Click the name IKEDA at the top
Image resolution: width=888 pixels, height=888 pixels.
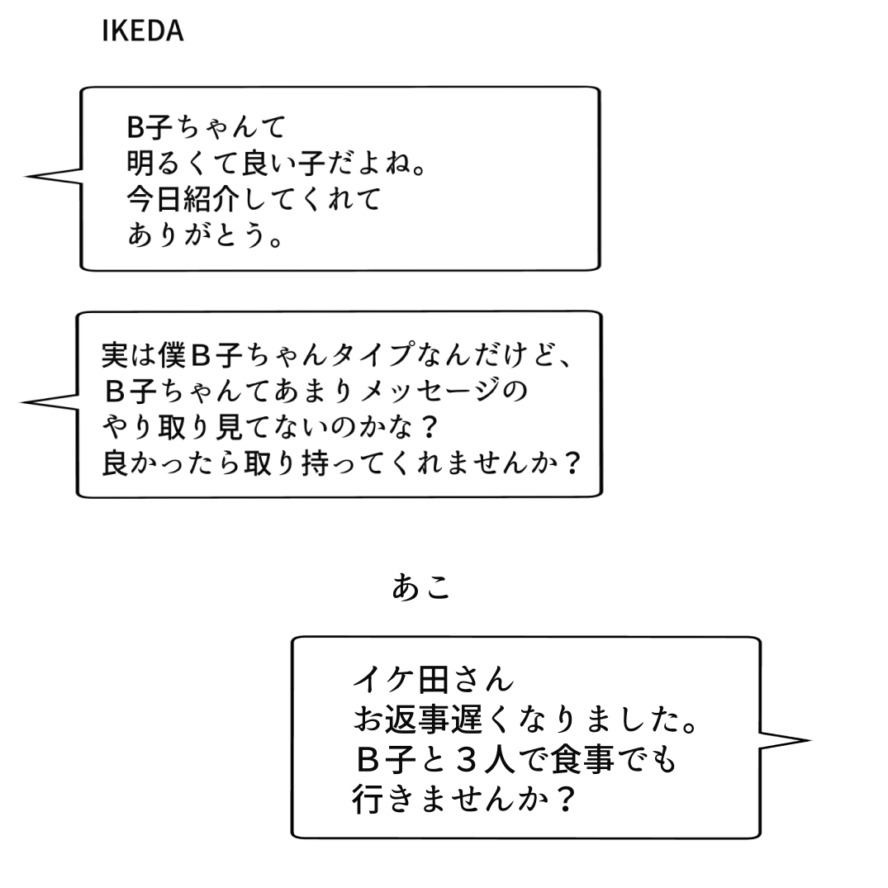(142, 31)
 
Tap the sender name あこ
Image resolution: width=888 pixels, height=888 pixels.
(421, 587)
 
